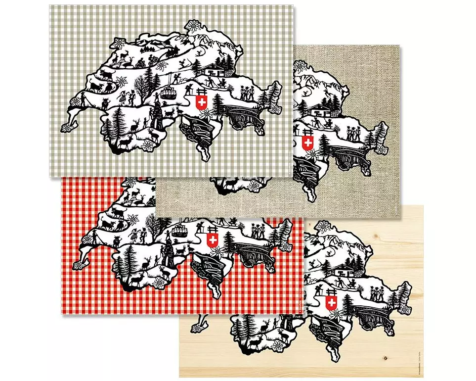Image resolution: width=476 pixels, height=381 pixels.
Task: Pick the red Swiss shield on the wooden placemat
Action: coord(331,302)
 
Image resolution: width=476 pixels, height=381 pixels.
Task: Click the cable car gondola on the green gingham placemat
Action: coord(169,93)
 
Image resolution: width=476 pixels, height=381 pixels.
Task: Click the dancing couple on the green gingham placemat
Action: coord(126,96)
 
